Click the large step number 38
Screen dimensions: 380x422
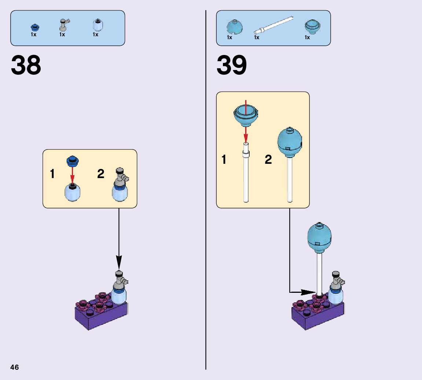coord(26,66)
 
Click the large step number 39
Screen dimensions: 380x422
coord(232,66)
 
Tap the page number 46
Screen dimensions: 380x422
coord(15,367)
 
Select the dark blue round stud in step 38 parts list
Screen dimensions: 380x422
coord(34,27)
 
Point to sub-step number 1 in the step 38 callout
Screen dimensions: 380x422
coord(52,174)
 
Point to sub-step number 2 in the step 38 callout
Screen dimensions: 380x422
coord(101,174)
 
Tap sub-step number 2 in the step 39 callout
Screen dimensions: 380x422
coord(268,160)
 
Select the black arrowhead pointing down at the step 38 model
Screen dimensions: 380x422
coord(119,263)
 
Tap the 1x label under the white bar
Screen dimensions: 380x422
coord(257,37)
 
